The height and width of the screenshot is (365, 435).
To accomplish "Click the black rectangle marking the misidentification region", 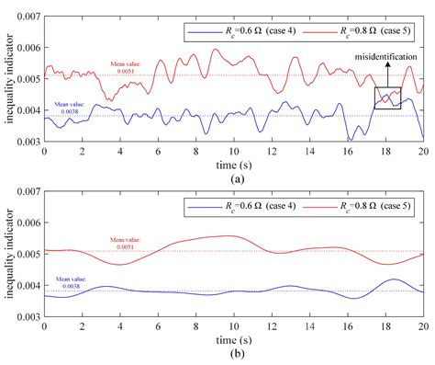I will click(x=387, y=97).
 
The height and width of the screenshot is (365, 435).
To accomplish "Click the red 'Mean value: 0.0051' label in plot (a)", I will click(x=125, y=68).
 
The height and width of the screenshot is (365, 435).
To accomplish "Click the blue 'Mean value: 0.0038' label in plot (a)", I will click(x=70, y=108).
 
